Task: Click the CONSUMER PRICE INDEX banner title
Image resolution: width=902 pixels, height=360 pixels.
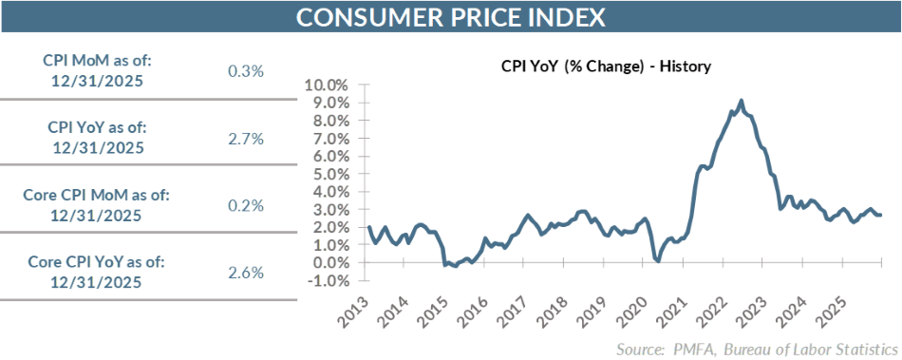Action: pyautogui.click(x=450, y=18)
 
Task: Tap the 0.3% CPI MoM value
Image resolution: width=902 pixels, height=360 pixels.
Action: pyautogui.click(x=246, y=71)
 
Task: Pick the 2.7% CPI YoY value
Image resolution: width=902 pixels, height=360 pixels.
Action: pyautogui.click(x=246, y=139)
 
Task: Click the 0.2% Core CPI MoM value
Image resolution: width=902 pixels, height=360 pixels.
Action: pyautogui.click(x=246, y=205)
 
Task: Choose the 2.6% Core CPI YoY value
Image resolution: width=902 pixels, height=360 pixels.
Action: pyautogui.click(x=246, y=273)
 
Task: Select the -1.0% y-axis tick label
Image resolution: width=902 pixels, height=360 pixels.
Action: pyautogui.click(x=328, y=281)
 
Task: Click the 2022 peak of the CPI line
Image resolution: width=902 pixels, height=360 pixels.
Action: pyautogui.click(x=741, y=101)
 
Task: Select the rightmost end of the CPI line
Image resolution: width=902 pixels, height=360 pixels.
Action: pyautogui.click(x=880, y=215)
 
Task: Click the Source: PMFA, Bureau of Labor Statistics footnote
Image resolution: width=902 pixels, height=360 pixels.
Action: pyautogui.click(x=756, y=348)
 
